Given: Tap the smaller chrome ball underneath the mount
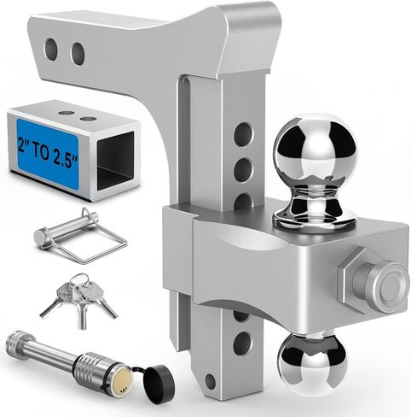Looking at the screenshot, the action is point(312,364).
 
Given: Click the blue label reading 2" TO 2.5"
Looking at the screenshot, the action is point(48,154).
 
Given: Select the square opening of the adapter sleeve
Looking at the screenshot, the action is point(115,162).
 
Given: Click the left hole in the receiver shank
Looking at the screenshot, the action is point(51,50).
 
